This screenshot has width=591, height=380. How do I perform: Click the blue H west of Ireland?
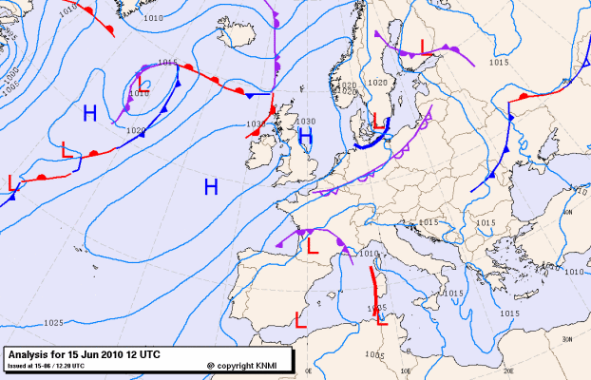211,186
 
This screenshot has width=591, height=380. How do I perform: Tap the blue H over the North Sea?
306,137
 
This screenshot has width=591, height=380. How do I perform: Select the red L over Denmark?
377,121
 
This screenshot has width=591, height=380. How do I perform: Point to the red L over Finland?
424,47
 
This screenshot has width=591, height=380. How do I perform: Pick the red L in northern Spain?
311,244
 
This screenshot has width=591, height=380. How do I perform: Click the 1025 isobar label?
52,323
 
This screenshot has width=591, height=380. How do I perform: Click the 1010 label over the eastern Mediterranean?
573,272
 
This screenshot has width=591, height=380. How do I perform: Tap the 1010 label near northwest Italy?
370,254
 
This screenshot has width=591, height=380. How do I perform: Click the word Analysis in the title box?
34,353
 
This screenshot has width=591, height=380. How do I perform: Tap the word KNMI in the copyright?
269,365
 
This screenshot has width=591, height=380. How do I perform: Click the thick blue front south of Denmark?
375,142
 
